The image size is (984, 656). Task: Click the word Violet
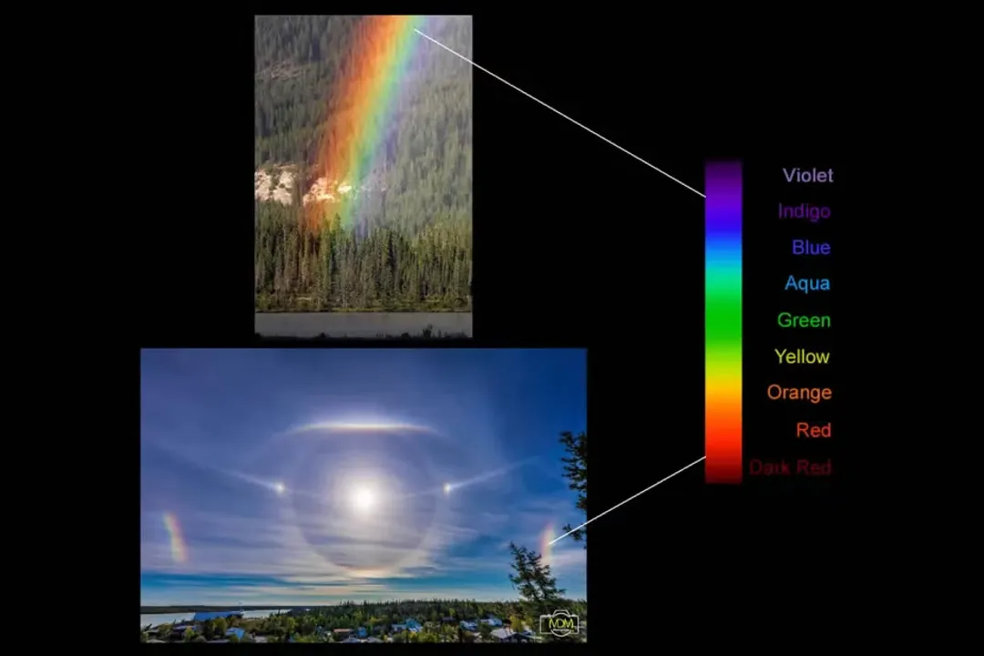click(x=807, y=175)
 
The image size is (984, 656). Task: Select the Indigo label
click(x=804, y=211)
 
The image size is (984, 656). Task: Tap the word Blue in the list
click(x=810, y=247)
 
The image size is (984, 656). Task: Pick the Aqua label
click(x=807, y=283)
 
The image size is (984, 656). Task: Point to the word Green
click(x=803, y=320)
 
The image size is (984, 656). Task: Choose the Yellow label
click(x=802, y=356)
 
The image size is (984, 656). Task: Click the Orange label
click(x=799, y=393)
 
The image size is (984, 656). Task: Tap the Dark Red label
click(x=790, y=467)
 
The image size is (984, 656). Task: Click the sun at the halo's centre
click(x=364, y=497)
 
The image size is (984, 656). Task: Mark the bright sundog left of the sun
click(x=278, y=488)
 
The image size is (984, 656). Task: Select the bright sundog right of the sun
click(x=448, y=488)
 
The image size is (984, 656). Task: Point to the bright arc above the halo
click(x=363, y=425)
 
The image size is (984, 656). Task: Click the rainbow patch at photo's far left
click(x=174, y=537)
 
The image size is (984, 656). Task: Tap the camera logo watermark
click(x=559, y=622)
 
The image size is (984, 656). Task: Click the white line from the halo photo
click(x=629, y=500)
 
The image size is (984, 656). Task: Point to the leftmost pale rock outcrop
click(x=274, y=185)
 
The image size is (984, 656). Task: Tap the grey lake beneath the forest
click(x=363, y=323)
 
